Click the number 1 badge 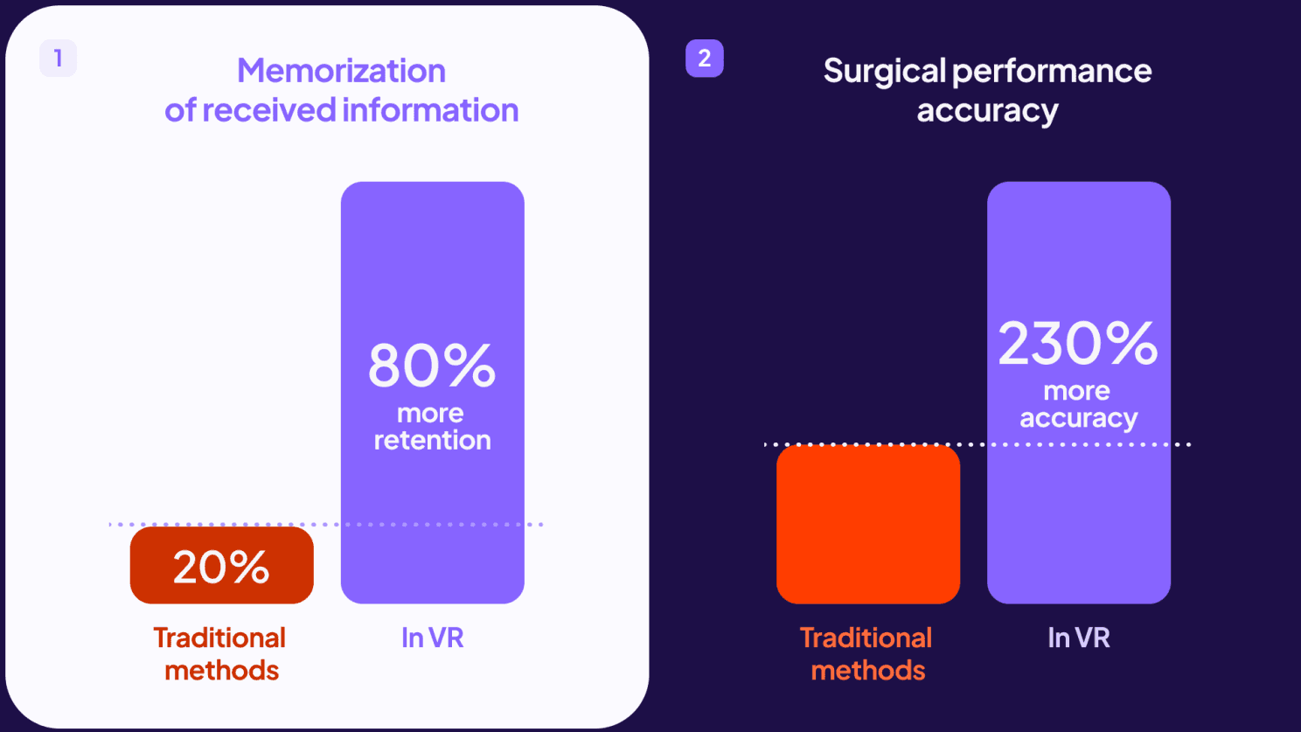(58, 59)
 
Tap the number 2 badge (704, 59)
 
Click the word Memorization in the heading (341, 71)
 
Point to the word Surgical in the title (884, 71)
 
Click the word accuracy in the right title (987, 111)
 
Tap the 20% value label (221, 567)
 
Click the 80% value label (432, 366)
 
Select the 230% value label (1078, 343)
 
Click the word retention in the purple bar (432, 440)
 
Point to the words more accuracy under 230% (1078, 405)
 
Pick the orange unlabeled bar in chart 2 (867, 525)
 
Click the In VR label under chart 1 (432, 638)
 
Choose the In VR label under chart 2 (1078, 638)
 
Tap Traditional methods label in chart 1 (220, 653)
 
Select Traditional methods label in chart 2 (866, 653)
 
